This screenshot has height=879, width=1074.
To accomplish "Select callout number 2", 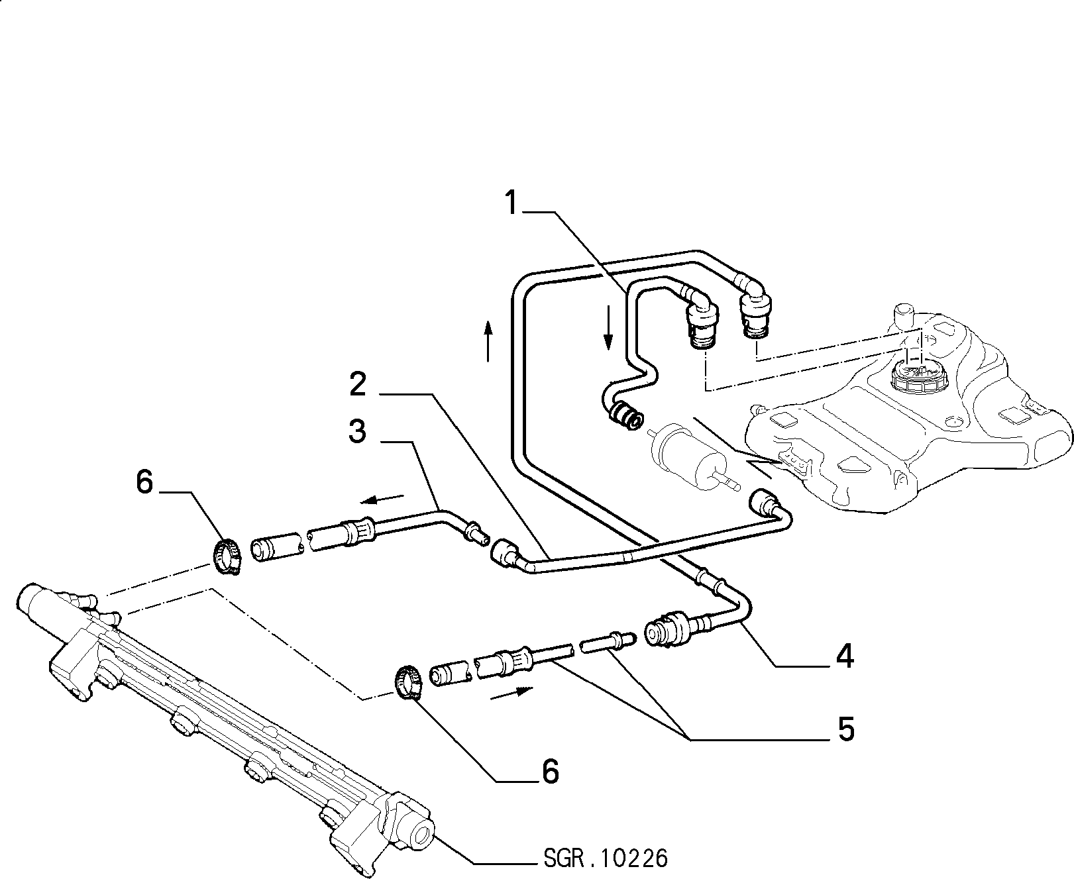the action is pos(358,384).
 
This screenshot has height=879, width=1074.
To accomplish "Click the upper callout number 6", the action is pos(144,482).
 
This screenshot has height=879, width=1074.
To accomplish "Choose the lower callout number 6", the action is pos(550,772).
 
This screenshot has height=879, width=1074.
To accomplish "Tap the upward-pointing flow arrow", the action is pos(488,341).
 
